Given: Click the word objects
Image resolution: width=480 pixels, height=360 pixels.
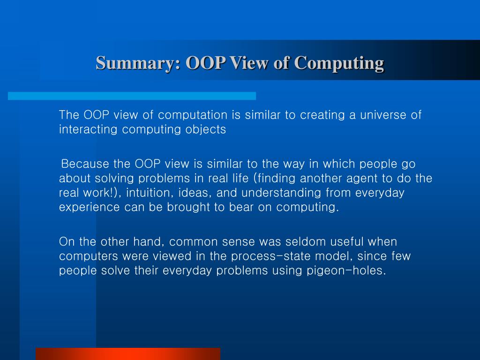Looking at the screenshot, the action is coord(206,130).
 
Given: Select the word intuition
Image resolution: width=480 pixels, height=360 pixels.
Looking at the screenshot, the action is coord(149,193).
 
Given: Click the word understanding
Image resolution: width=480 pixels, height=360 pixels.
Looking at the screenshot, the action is coord(281,193).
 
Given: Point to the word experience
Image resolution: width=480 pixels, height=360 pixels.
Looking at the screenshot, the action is coord(89,208).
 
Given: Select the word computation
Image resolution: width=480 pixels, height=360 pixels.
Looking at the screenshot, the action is coord(193,115).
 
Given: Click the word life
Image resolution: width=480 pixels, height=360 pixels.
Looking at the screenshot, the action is coord(242,178).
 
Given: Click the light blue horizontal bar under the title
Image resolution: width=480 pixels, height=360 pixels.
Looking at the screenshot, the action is coord(132,96).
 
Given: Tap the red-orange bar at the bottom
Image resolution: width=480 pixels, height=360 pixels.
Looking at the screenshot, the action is coord(128,354).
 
